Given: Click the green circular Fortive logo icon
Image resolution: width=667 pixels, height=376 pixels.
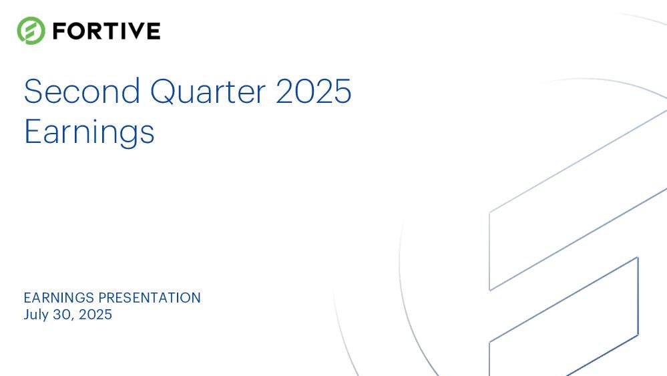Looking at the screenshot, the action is coord(31,31).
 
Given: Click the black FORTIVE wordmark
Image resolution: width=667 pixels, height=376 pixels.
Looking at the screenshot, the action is coord(106,31).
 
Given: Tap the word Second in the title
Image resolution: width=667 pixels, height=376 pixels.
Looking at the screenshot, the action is coord(81,91).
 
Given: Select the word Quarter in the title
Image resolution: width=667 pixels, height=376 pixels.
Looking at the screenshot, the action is coord(208,91).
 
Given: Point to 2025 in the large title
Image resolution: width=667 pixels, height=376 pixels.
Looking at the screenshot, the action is coord(314,91).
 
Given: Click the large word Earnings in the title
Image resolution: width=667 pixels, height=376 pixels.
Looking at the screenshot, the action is coord(89,132).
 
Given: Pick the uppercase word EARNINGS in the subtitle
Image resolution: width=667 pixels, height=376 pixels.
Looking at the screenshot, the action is coord(59,298).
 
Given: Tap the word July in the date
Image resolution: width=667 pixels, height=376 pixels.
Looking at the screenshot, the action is coord(36,315).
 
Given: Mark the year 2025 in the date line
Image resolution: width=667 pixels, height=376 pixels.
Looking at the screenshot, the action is coord(95,315).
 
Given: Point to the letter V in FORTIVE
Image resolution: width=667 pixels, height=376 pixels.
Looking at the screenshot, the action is coord(133,31).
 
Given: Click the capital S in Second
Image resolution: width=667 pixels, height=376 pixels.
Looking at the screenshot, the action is coord(32,91).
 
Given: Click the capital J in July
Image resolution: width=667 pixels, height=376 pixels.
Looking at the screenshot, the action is coord(27,315).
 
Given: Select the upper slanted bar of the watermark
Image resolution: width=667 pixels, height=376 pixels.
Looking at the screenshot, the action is coord(578,200).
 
